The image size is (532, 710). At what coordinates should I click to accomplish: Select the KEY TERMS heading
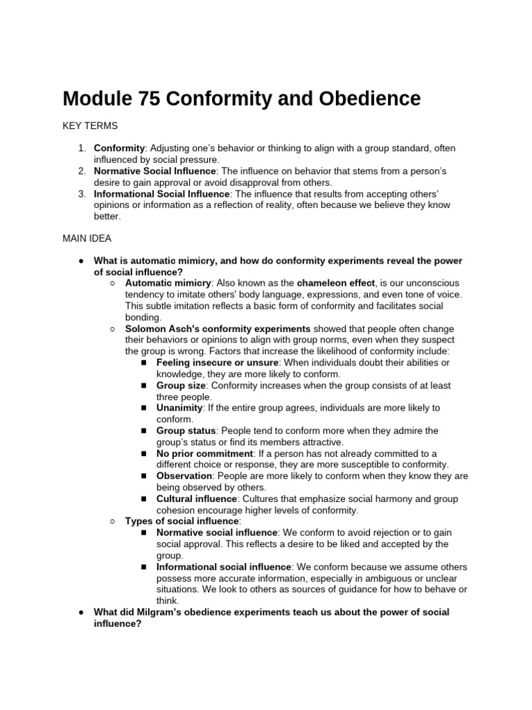(x=90, y=125)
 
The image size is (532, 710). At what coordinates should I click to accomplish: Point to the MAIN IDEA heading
(x=88, y=238)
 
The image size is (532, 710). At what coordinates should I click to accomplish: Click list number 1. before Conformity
(x=82, y=148)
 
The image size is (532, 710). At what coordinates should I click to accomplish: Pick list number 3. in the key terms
(x=82, y=193)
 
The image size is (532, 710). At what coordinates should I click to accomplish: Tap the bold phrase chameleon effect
(x=336, y=283)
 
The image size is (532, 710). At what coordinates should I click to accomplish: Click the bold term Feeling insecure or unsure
(x=217, y=363)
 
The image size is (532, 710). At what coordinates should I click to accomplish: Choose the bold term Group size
(x=181, y=385)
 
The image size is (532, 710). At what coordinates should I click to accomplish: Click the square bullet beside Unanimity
(x=143, y=408)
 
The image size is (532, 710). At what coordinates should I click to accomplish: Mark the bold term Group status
(x=186, y=431)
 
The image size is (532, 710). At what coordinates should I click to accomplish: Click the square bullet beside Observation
(x=143, y=476)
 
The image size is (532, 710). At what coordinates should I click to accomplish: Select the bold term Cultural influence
(x=197, y=499)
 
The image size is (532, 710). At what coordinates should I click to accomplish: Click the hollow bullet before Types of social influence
(x=113, y=521)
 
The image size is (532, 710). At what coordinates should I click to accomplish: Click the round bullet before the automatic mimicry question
(x=81, y=261)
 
